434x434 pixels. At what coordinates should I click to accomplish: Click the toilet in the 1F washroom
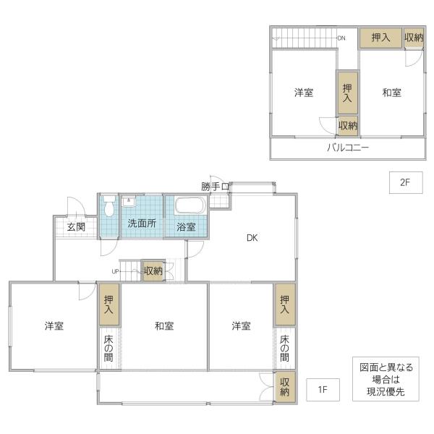point(109,205)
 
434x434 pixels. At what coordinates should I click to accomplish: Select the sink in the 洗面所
point(129,201)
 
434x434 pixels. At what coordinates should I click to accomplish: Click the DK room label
point(252,237)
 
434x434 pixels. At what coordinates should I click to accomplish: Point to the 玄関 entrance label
point(76,227)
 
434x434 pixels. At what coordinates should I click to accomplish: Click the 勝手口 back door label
point(215,187)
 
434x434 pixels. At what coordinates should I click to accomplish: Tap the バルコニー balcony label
point(348,148)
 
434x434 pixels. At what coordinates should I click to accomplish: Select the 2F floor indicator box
point(406,182)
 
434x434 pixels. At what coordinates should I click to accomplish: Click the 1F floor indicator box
point(323,389)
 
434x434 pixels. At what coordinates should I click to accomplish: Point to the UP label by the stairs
point(115,271)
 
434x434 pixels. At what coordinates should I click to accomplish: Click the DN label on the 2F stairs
point(341,38)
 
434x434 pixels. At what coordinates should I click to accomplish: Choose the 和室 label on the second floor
point(391,93)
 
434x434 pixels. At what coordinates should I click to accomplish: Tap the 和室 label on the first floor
point(164,325)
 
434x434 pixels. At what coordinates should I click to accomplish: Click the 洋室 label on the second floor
point(304,93)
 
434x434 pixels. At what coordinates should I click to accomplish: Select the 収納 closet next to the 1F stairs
point(153,271)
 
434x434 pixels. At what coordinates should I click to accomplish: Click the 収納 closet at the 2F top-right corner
point(414,38)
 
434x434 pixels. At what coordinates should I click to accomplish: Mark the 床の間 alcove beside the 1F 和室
point(109,348)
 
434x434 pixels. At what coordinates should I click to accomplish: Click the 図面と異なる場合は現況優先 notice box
point(386,379)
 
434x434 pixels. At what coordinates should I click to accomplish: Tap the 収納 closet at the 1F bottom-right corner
point(284,387)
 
